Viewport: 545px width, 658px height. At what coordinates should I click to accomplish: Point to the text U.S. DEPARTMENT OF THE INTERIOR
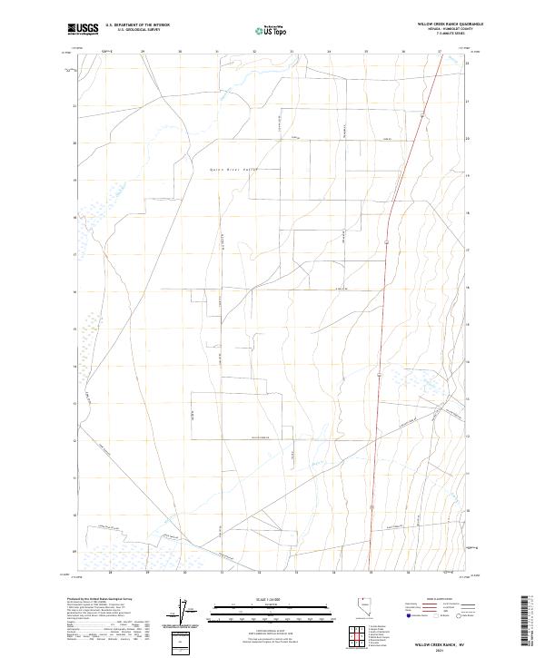[x=137, y=25]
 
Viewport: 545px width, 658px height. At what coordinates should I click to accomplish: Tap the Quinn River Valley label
[x=234, y=170]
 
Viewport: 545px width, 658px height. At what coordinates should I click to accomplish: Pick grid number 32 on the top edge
[x=254, y=53]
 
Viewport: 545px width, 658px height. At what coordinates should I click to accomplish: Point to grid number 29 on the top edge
[x=144, y=53]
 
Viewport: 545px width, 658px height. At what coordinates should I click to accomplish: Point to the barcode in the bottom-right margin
[x=531, y=622]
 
